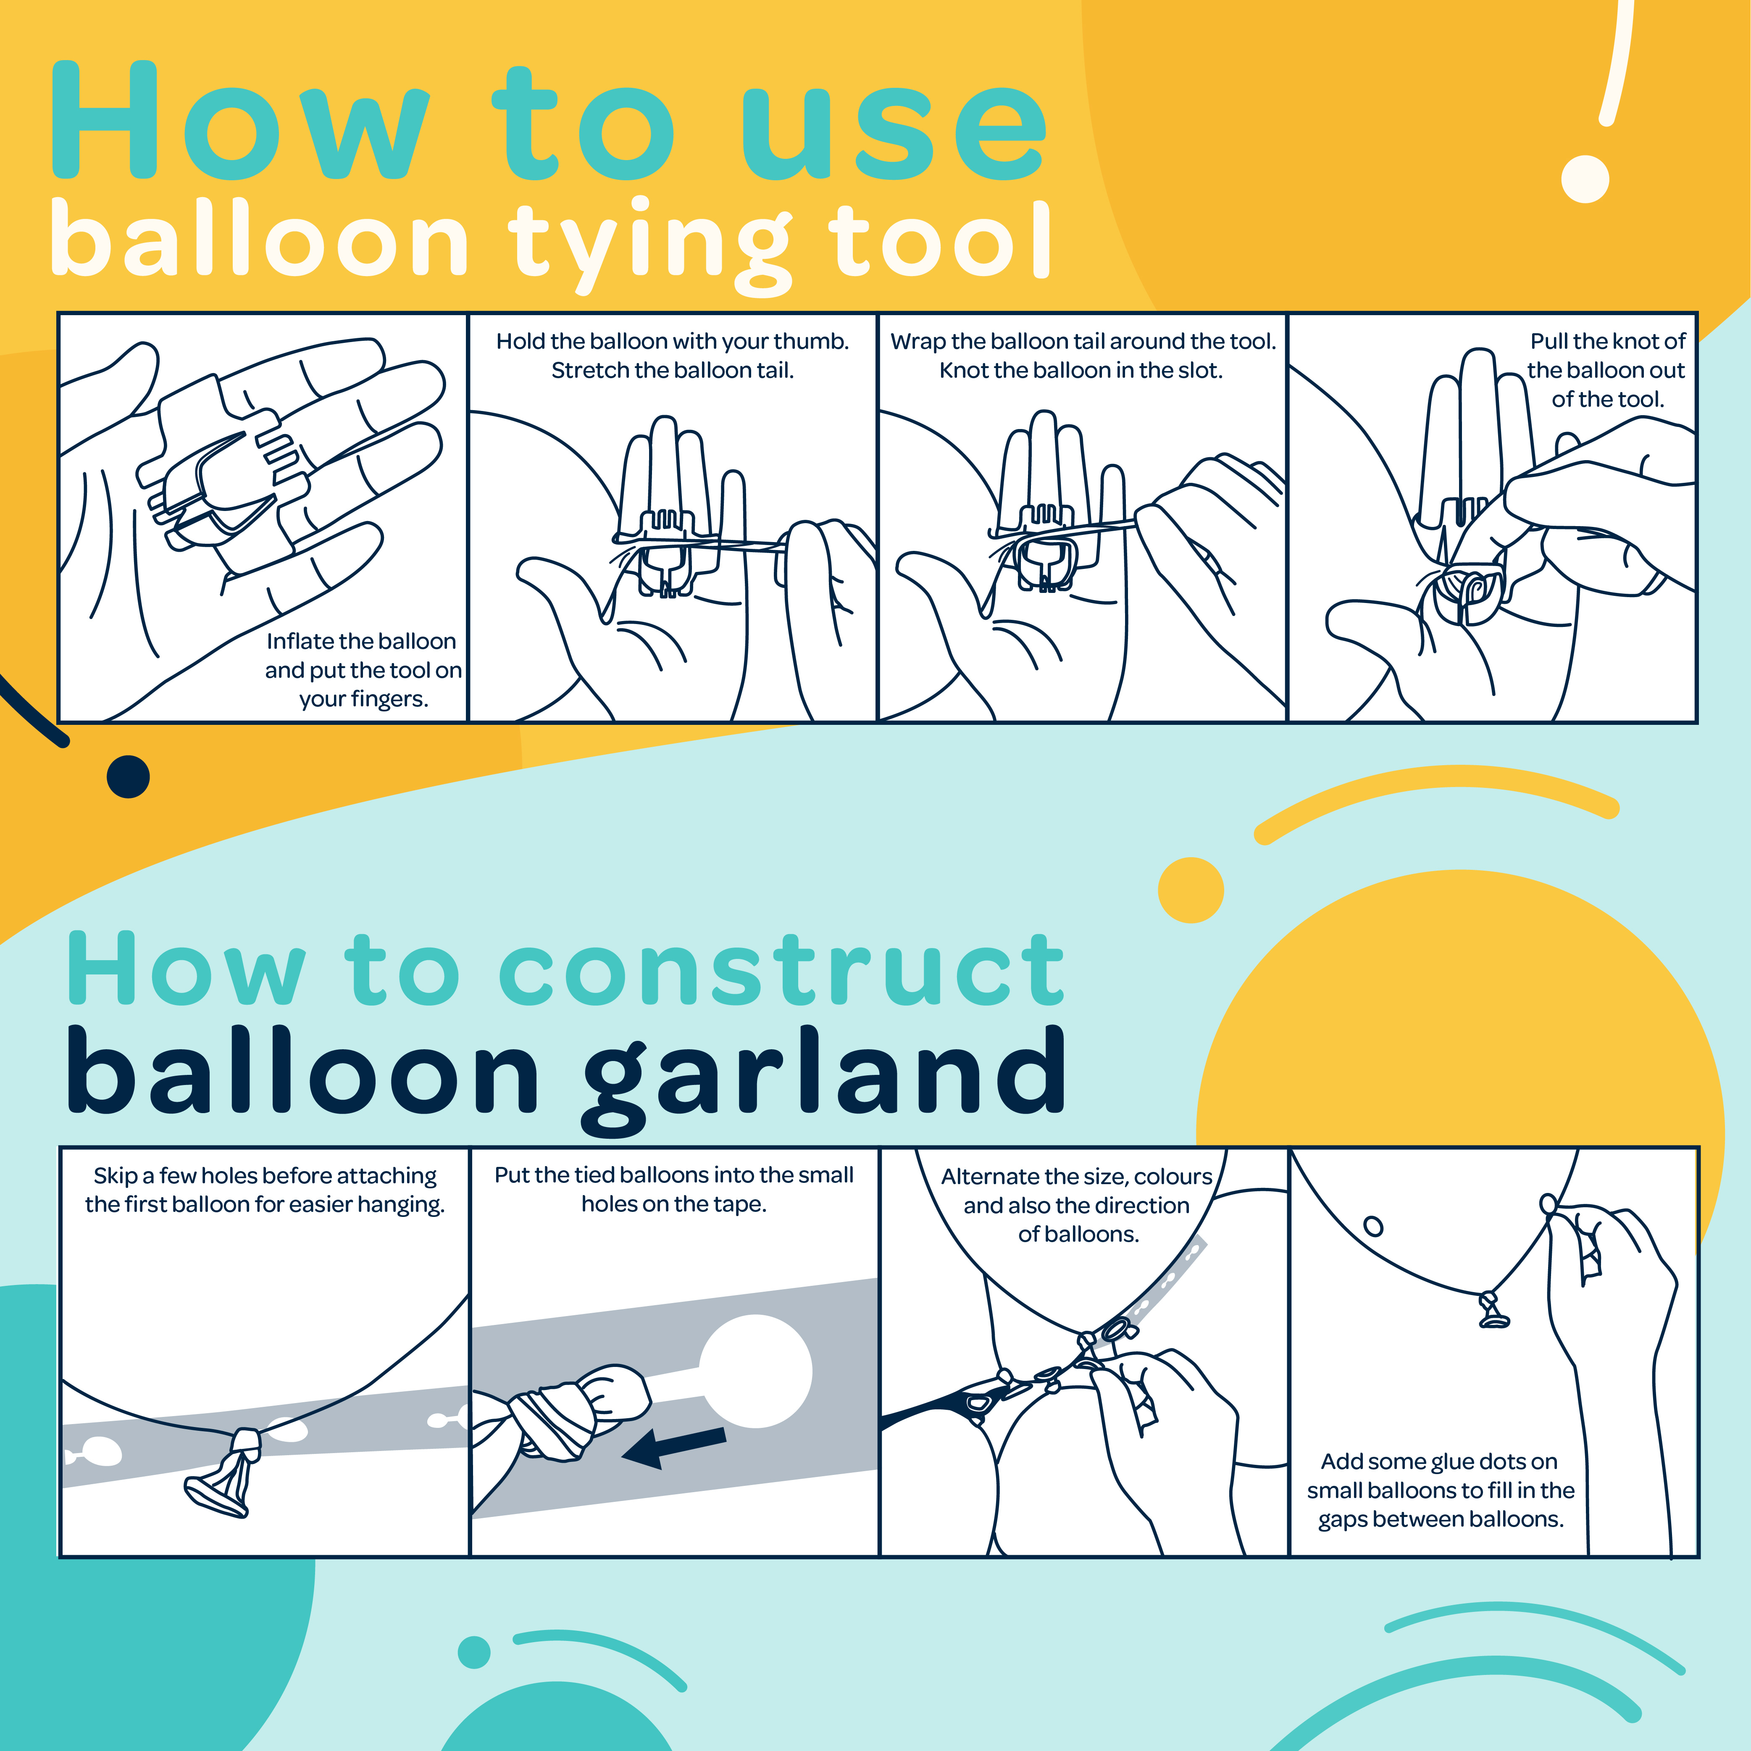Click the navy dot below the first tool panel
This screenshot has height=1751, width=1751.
pos(128,777)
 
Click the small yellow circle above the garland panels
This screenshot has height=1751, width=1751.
pos(1191,890)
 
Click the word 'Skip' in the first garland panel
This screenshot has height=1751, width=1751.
pos(115,1175)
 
